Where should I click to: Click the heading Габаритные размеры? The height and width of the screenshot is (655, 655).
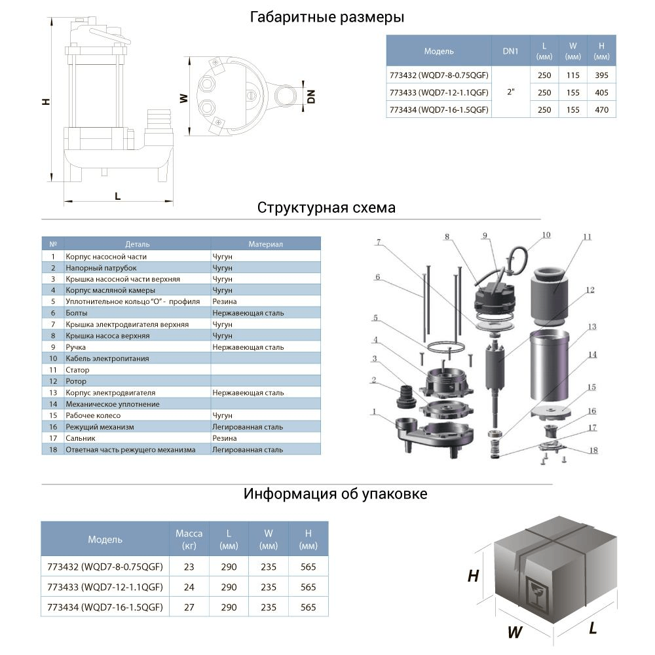[327, 18]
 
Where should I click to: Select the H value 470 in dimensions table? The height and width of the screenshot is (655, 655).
[601, 110]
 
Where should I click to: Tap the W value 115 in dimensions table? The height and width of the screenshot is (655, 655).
[572, 75]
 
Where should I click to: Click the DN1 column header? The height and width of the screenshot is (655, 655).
[510, 51]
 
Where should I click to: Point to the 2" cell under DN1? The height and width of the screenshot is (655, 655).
[510, 92]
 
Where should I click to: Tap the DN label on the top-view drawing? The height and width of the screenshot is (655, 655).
[311, 96]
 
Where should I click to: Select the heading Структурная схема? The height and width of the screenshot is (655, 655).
[326, 208]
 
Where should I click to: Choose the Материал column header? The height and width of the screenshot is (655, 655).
[265, 244]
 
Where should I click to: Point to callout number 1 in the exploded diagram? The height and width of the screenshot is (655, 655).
[373, 413]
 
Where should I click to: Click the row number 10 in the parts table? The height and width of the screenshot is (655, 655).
[53, 359]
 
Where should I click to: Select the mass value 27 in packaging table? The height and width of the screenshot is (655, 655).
[189, 607]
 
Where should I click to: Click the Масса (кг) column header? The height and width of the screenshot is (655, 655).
[189, 540]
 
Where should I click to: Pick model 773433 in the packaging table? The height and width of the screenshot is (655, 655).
[105, 587]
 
